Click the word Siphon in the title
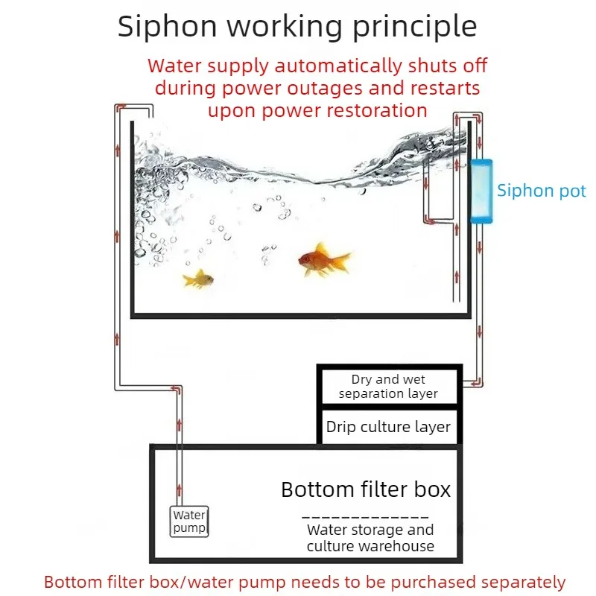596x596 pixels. point(167,26)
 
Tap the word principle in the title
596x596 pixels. point(415,27)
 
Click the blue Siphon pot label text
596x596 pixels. point(542,191)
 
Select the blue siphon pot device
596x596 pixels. point(481,191)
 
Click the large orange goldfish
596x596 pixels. point(324,260)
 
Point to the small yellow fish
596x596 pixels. point(198,279)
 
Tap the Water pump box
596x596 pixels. point(189,521)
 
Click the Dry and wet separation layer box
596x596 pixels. point(389,386)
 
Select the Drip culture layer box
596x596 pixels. point(389,426)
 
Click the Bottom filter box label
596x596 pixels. point(366,489)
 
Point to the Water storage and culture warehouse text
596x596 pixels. point(370,538)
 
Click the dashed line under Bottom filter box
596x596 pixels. point(365,517)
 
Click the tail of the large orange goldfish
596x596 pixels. point(341,260)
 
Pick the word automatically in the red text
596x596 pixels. point(338,66)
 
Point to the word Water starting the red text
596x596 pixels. point(174,66)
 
